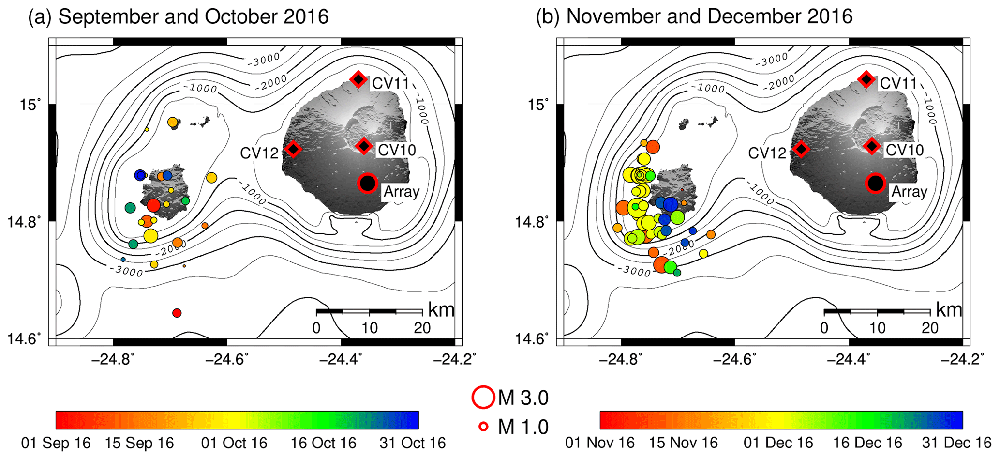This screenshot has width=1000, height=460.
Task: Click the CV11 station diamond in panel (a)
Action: click(x=358, y=79)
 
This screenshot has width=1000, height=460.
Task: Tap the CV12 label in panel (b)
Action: click(x=767, y=153)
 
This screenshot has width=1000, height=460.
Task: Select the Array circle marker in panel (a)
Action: click(x=368, y=184)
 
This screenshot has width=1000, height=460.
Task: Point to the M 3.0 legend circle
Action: click(x=483, y=397)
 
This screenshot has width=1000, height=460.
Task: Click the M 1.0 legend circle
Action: click(x=483, y=427)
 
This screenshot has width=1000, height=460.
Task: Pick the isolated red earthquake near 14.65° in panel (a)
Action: click(x=177, y=313)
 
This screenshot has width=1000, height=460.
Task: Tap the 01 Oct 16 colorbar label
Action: click(x=234, y=443)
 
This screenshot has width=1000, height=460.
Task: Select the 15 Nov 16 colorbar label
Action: click(x=683, y=443)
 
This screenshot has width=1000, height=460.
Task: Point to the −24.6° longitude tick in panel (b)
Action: click(x=735, y=359)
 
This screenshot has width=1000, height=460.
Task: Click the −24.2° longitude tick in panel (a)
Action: click(x=455, y=359)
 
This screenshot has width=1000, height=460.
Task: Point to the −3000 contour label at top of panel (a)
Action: click(x=264, y=60)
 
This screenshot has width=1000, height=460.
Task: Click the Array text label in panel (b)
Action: click(x=909, y=192)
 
